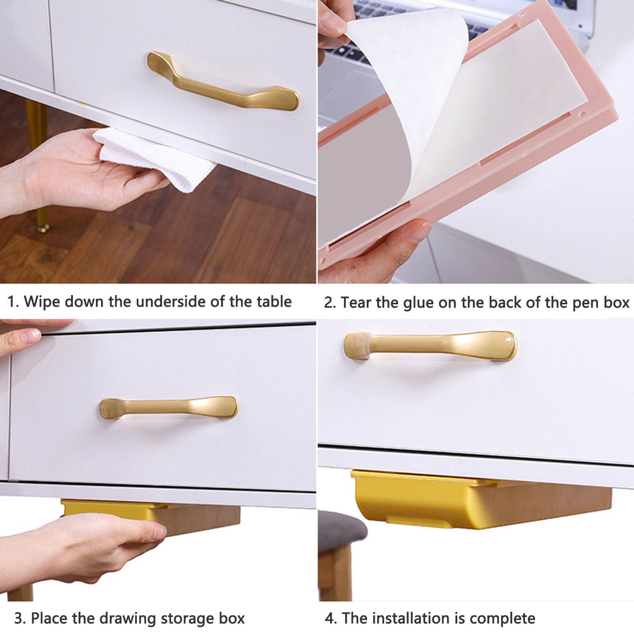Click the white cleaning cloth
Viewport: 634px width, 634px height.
click(155, 158)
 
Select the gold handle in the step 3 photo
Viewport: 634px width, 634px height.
click(168, 408)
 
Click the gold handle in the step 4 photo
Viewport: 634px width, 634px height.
click(430, 346)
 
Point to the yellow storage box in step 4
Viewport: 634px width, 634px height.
click(481, 499)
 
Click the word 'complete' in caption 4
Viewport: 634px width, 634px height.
click(502, 619)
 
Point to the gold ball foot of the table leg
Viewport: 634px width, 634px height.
click(42, 228)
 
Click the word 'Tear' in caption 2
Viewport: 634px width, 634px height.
click(356, 303)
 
